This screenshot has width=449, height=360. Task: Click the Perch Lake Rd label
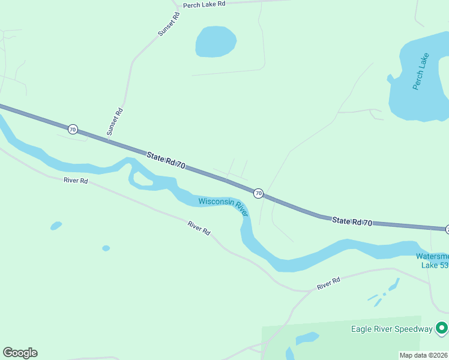pos(204,4)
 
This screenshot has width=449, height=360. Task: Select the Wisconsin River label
pos(223,206)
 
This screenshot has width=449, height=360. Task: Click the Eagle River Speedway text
pos(391,328)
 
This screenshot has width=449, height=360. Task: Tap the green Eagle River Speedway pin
pos(442,328)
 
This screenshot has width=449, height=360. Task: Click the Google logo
pos(20,353)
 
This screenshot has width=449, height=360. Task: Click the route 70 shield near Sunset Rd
pos(73,129)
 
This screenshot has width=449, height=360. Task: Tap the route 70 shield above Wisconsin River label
pos(258,193)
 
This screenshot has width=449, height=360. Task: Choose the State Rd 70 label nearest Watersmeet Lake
pos(352,222)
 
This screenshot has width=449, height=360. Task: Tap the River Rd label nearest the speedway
pos(329,283)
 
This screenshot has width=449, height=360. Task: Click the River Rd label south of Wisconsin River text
pos(199,227)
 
